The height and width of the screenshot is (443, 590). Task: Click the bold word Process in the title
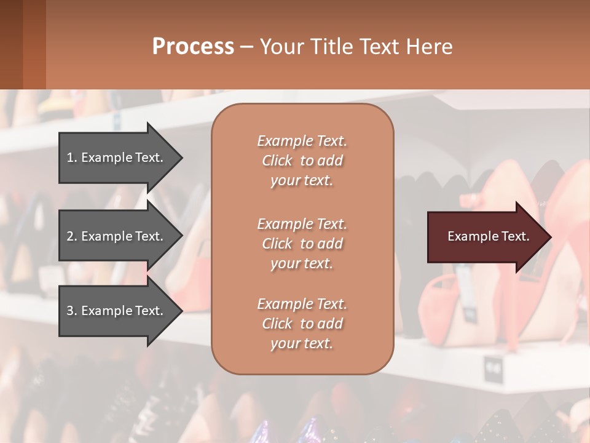coord(193,47)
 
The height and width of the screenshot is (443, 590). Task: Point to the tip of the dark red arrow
coord(549,237)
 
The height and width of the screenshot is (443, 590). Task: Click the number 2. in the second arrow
coord(72,236)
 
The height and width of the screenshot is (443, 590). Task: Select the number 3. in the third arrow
coord(72,311)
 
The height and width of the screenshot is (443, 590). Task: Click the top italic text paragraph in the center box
coord(302,161)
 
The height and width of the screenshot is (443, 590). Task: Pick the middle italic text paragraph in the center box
coord(302,244)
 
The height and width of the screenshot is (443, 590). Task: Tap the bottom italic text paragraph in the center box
coord(302,324)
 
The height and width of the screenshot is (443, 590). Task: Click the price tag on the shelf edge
coord(492,369)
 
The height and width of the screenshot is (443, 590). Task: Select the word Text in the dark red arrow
coord(516,236)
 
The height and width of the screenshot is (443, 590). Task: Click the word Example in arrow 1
coord(106,158)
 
